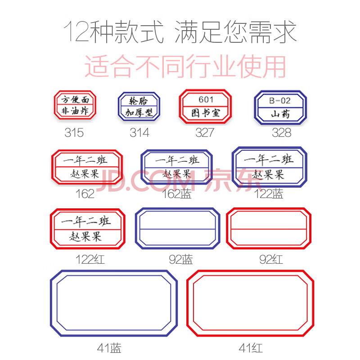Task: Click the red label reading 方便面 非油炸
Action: [75, 105]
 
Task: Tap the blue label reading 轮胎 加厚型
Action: [139, 106]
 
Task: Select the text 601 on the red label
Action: [206, 99]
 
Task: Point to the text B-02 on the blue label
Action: [280, 100]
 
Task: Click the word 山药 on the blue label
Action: [280, 114]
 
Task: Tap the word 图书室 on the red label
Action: [206, 113]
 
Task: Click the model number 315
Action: [74, 132]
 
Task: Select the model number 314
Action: [139, 132]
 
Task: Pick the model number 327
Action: [205, 132]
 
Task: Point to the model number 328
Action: [282, 132]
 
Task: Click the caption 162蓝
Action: [177, 193]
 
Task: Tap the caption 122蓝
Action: [268, 193]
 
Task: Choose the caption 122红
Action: [90, 260]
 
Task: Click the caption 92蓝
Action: [181, 260]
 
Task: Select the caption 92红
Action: [271, 260]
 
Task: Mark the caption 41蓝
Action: [109, 348]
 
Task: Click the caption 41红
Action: [251, 348]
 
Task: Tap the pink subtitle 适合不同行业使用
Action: [185, 66]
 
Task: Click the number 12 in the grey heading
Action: [76, 31]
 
